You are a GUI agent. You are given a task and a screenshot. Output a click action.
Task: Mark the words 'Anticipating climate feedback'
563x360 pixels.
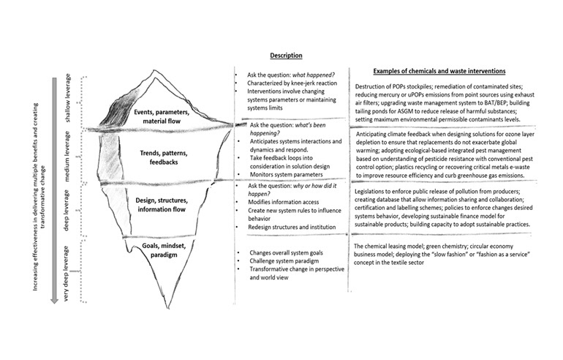point(400,135)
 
